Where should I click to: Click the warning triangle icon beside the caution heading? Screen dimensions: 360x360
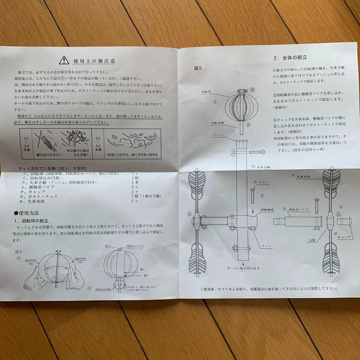64,60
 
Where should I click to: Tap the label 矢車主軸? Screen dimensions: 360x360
266,166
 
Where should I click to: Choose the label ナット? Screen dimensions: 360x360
266,246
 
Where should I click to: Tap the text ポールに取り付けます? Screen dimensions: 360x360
243,268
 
